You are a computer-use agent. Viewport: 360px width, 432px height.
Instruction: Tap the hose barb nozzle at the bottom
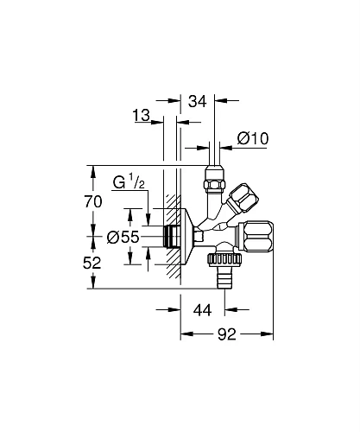click(x=226, y=278)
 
